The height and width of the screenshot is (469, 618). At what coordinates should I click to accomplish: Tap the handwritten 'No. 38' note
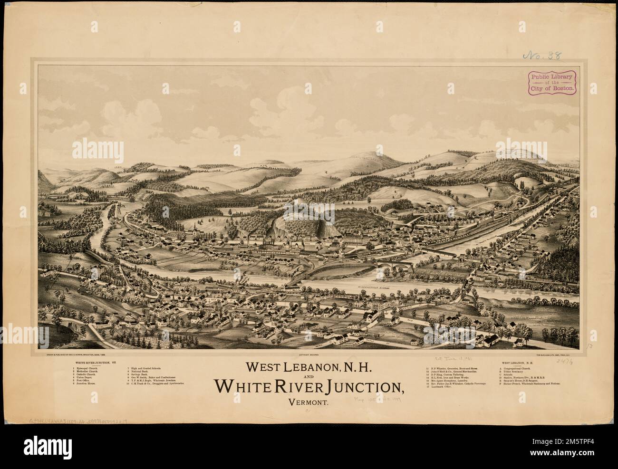[x=542, y=56]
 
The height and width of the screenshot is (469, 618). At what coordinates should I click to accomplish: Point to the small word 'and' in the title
[x=309, y=377]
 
